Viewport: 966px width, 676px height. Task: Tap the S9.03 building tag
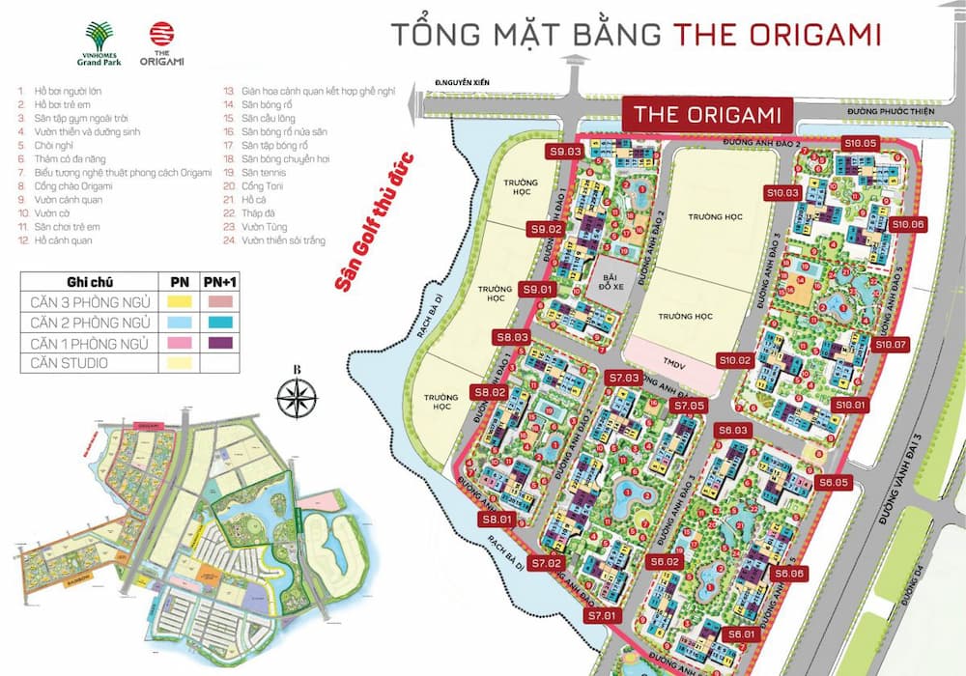point(565,152)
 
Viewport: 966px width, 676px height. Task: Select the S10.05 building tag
point(860,143)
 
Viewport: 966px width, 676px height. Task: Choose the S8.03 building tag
point(513,337)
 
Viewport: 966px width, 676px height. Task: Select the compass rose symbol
point(298,396)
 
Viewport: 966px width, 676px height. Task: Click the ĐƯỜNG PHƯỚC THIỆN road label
point(889,112)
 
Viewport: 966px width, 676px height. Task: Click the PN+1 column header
point(219,282)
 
